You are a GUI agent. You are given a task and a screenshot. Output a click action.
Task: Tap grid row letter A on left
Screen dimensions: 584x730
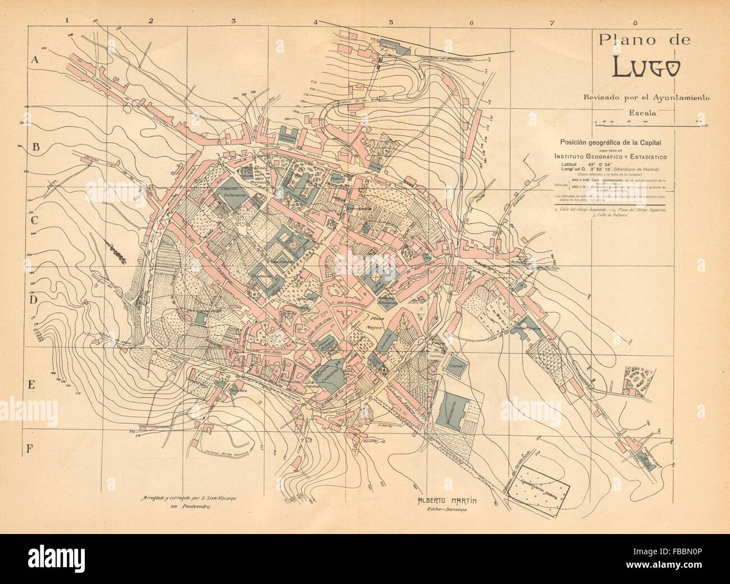(34, 61)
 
